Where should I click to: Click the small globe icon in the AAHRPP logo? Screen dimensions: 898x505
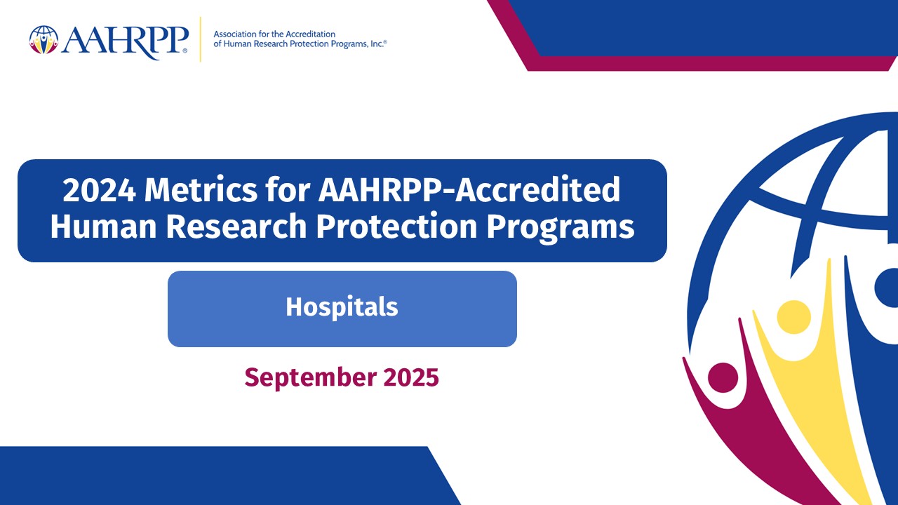(x=43, y=40)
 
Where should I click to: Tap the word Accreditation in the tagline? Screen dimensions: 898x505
(x=310, y=34)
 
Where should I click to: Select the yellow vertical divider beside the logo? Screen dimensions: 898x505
(x=200, y=39)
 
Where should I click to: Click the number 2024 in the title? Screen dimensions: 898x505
(x=100, y=190)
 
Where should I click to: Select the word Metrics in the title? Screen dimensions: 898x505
(x=201, y=190)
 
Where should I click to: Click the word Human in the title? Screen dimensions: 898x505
(x=103, y=226)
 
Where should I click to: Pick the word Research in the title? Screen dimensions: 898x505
(x=236, y=226)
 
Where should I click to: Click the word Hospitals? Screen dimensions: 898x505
(x=342, y=307)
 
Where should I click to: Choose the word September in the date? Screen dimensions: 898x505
(x=311, y=378)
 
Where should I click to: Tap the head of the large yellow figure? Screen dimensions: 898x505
(x=793, y=317)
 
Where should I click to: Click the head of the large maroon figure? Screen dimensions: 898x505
(x=723, y=377)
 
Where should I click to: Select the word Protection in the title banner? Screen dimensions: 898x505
(x=397, y=226)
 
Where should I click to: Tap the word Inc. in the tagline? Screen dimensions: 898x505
(x=377, y=43)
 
